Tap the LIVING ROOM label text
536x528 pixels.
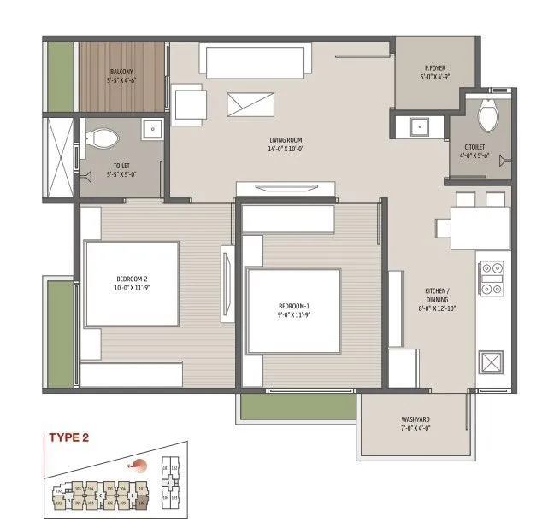285,139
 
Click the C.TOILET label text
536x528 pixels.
475,146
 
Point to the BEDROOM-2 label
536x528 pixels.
133,279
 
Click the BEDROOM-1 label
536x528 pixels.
293,305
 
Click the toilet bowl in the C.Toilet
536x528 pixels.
490,117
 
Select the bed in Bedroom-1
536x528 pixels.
293,309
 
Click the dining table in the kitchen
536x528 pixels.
468,226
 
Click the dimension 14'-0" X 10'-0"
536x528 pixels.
285,148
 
